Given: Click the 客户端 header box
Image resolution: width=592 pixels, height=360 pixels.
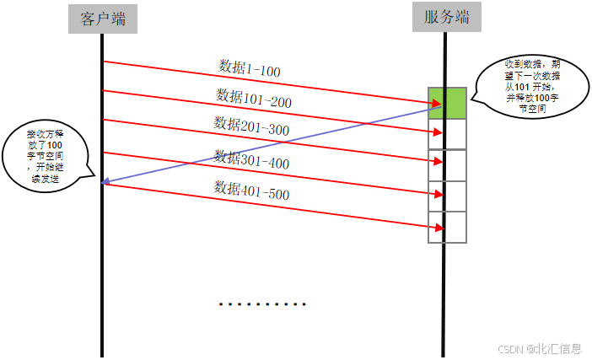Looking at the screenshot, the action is pyautogui.click(x=102, y=19).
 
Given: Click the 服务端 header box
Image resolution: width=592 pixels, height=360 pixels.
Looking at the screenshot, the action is pyautogui.click(x=446, y=17).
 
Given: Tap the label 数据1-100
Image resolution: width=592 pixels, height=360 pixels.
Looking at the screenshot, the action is pyautogui.click(x=250, y=69).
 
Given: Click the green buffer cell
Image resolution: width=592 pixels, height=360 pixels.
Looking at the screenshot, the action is pyautogui.click(x=447, y=103).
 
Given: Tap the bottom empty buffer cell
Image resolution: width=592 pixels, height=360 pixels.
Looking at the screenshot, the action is pyautogui.click(x=447, y=227).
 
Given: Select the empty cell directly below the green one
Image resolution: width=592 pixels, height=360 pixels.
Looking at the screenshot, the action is pyautogui.click(x=447, y=133).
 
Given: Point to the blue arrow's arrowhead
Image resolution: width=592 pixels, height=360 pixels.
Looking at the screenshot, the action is pyautogui.click(x=104, y=182).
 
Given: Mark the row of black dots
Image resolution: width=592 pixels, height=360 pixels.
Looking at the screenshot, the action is pyautogui.click(x=262, y=304).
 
